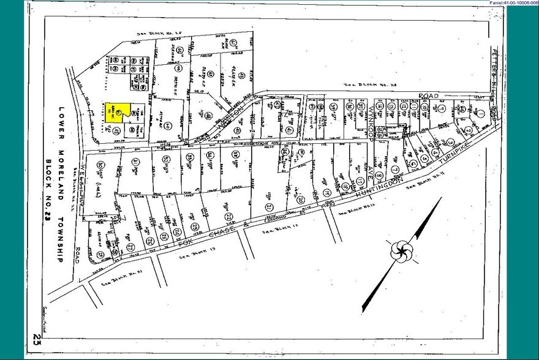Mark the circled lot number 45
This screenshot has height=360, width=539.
115,129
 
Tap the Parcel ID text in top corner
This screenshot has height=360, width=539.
513,4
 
